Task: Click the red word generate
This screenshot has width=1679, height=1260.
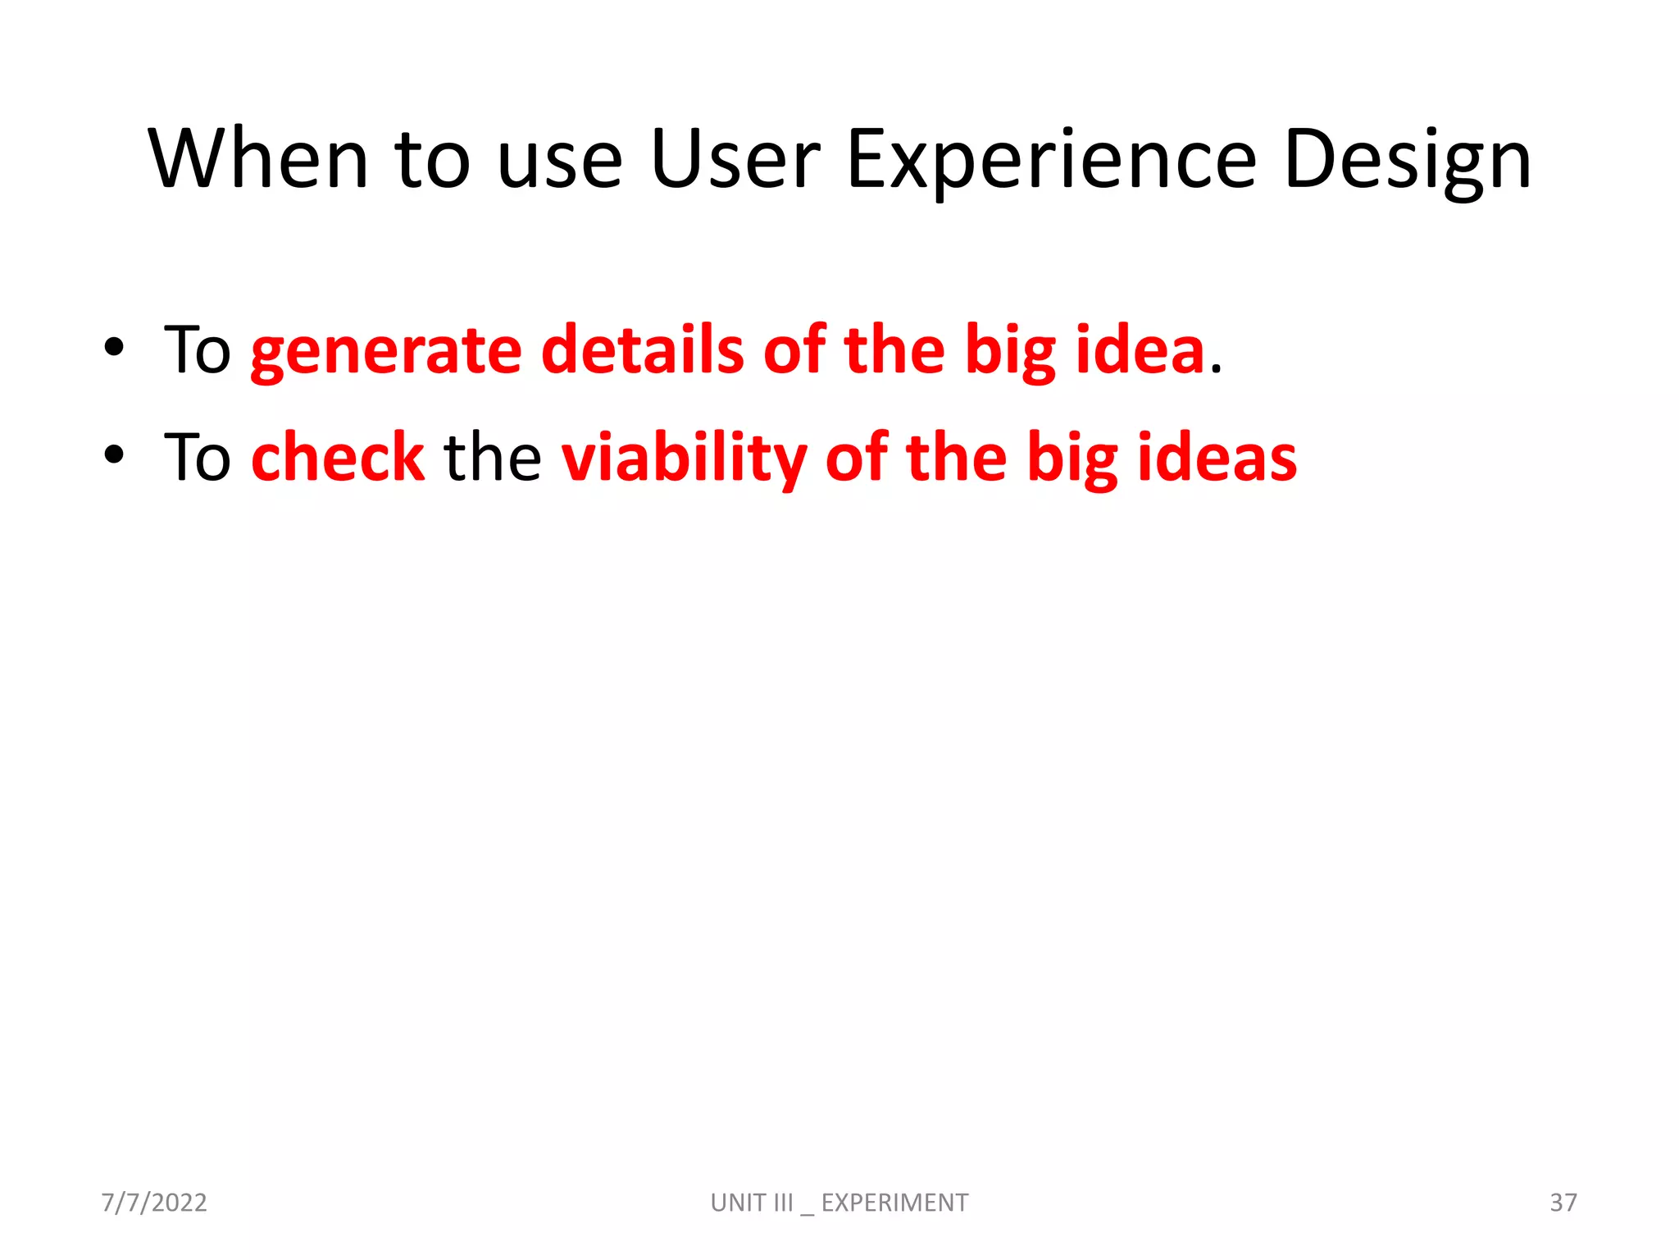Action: (x=386, y=351)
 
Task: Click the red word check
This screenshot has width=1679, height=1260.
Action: (x=338, y=457)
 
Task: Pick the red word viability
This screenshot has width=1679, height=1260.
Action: (x=684, y=457)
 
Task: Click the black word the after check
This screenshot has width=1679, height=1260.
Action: (x=492, y=457)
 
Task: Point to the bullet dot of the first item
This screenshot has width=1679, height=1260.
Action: (x=114, y=348)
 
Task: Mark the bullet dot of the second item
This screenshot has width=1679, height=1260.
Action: (x=114, y=454)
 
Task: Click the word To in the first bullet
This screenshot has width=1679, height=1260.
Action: (x=198, y=350)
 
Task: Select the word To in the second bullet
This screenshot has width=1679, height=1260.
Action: (x=198, y=457)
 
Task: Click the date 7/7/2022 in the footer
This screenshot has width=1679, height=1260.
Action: (x=154, y=1203)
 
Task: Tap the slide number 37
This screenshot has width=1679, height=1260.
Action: (x=1563, y=1203)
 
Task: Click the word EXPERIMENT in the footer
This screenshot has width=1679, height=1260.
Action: (x=894, y=1203)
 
